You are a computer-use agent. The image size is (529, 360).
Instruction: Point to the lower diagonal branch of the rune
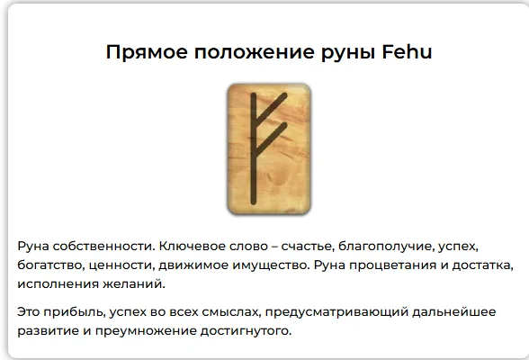point(272,137)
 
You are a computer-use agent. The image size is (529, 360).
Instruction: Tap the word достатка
point(484,265)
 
